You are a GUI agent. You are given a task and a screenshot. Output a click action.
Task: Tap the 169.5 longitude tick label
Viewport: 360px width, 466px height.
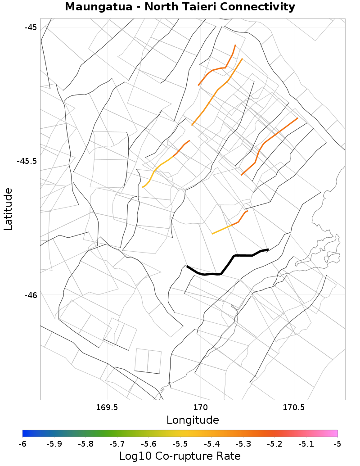107,408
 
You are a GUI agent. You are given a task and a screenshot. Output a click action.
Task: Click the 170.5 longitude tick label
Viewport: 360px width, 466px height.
293,408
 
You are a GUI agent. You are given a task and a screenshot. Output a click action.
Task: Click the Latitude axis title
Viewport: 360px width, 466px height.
9,209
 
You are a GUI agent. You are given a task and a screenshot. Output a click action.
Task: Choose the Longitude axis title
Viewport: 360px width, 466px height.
193,420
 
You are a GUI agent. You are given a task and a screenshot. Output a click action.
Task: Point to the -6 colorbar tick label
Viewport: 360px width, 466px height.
22,444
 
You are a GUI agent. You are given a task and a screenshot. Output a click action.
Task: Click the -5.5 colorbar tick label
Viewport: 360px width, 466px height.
180,444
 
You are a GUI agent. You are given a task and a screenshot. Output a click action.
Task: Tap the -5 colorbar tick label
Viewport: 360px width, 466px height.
337,444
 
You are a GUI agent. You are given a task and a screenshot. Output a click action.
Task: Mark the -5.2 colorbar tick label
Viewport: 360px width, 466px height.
274,444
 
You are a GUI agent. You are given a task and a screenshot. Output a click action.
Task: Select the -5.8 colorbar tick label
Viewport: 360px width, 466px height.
85,444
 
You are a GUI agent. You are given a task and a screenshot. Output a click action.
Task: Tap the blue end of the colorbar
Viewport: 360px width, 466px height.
25,433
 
